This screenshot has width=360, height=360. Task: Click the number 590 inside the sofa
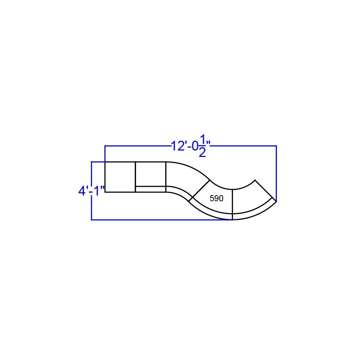coord(216,198)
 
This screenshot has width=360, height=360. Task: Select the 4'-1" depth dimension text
coord(91,190)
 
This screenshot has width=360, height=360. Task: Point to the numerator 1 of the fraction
coord(203,139)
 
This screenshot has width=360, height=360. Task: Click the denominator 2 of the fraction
coord(202,152)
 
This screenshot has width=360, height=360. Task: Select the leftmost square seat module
coord(120,177)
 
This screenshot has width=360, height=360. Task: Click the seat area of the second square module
coord(150,174)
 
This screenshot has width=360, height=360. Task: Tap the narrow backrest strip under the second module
coord(150,189)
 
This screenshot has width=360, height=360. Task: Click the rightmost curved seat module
coord(252,198)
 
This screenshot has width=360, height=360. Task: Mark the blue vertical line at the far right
coord(276,173)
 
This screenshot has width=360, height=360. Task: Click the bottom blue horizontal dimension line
coord(162,220)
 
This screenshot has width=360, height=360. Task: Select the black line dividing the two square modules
coord(135,177)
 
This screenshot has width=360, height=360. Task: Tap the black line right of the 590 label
coord(233,202)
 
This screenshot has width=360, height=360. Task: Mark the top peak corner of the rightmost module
coord(255,180)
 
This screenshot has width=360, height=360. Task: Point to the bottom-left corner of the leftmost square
coord(105,192)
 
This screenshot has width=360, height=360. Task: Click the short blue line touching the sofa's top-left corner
coord(98,162)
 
